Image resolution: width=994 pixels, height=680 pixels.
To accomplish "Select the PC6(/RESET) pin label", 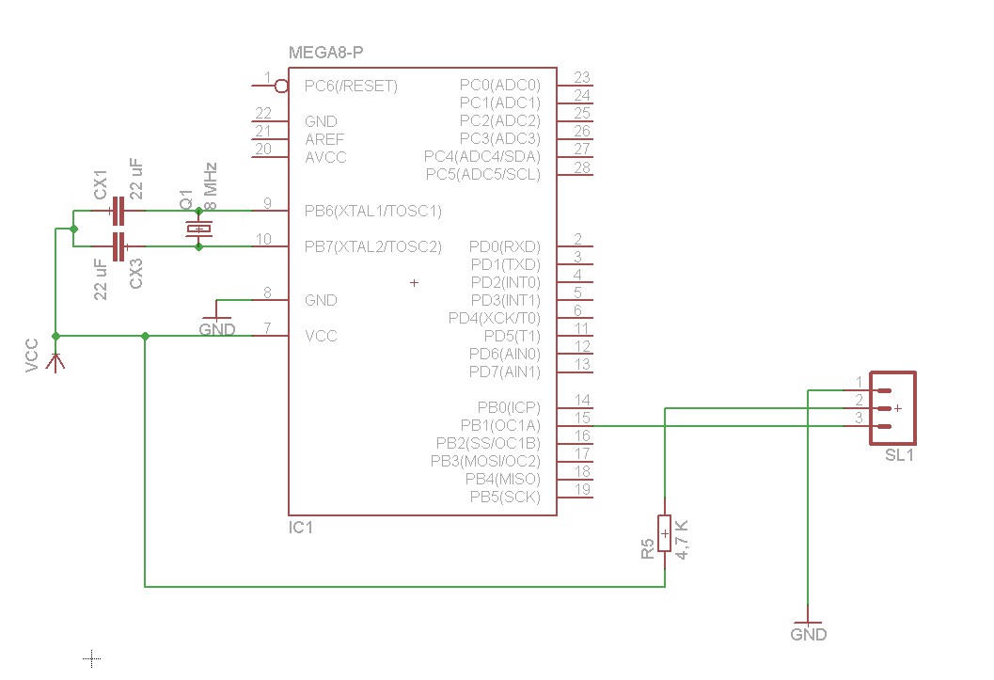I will (351, 87).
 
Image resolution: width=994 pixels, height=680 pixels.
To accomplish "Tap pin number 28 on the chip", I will (581, 167).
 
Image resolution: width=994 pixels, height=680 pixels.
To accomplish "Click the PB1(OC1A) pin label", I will (500, 425).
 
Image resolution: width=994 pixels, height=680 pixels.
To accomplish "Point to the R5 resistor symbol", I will (665, 533).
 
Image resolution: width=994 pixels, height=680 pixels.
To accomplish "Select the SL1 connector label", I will (899, 455).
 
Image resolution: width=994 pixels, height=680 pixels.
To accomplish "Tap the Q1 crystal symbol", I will (198, 229).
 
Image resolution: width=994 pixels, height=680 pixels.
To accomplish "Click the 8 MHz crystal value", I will (212, 186).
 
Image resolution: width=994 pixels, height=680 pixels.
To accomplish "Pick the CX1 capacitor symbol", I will (118, 211).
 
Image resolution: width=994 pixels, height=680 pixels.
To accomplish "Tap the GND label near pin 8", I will (217, 330).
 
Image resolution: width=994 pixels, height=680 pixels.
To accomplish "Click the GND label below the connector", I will (809, 635).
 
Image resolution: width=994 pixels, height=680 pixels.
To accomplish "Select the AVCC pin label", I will (325, 157).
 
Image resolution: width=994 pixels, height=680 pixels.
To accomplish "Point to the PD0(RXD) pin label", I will (505, 246).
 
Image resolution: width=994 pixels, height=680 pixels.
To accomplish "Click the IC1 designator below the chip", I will (301, 529).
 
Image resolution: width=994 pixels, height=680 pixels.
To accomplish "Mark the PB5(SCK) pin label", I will (506, 497).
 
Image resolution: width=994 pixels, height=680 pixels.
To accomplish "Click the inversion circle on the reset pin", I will (281, 87).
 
